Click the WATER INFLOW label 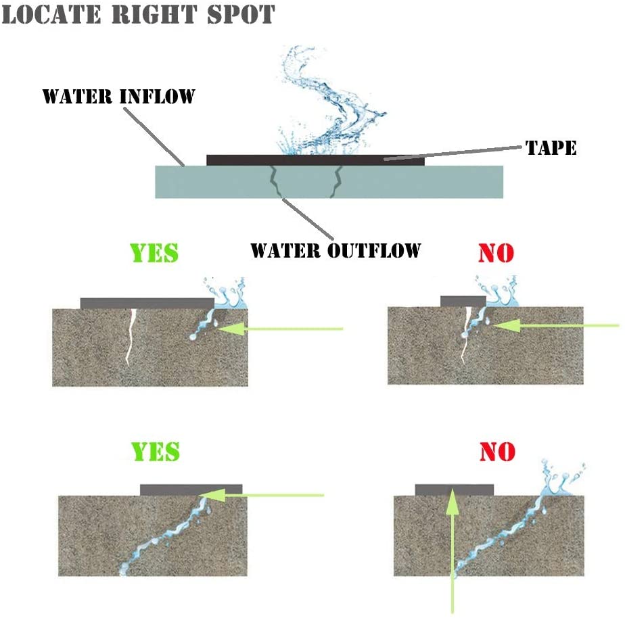tap(118, 96)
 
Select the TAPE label tap(551, 148)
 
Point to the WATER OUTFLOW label tap(335, 250)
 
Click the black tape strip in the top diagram tap(315, 160)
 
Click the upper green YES tap(155, 252)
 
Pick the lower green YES tap(155, 451)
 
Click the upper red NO tap(496, 252)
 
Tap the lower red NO tap(497, 451)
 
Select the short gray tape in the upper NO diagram tap(463, 301)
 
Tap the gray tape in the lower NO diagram tap(454, 490)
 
